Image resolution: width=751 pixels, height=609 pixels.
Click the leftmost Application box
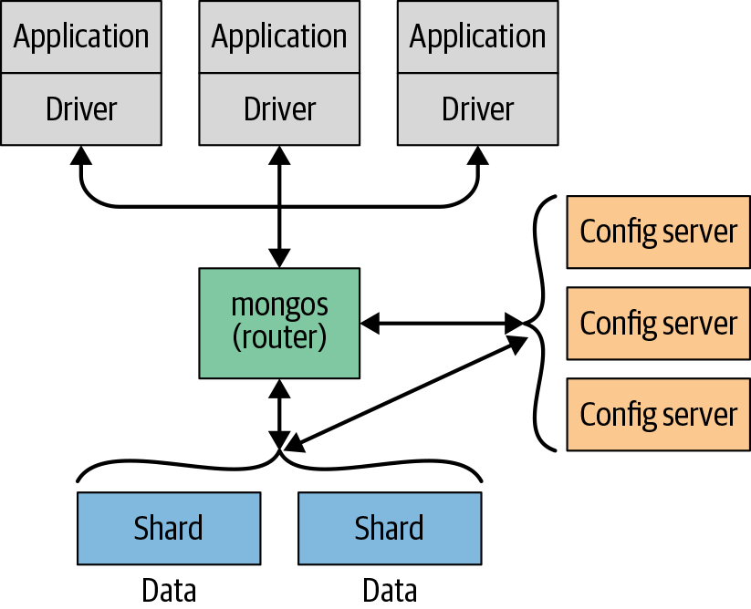81,36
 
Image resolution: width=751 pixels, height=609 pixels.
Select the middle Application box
279,36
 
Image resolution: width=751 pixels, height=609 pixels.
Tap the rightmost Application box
477,36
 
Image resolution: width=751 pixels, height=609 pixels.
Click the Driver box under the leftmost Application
81,109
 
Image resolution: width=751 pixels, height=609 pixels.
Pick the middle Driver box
279,109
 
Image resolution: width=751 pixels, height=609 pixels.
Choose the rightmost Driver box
477,109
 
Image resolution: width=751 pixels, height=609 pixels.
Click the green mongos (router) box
279,323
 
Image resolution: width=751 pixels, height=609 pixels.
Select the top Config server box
658,232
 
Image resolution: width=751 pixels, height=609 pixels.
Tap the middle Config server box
658,323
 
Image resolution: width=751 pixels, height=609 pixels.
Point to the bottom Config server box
658,414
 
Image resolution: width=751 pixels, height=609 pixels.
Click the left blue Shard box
168,528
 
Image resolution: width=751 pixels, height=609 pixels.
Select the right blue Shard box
390,528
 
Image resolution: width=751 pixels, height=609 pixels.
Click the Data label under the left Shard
169,590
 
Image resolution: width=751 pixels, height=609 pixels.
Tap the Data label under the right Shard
390,590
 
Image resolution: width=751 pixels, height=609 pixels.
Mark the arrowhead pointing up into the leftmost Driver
81,155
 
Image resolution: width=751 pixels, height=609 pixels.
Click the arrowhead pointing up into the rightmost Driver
477,155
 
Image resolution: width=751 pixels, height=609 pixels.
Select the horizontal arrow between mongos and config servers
438,323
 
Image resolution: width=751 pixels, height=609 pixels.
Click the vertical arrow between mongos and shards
279,410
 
